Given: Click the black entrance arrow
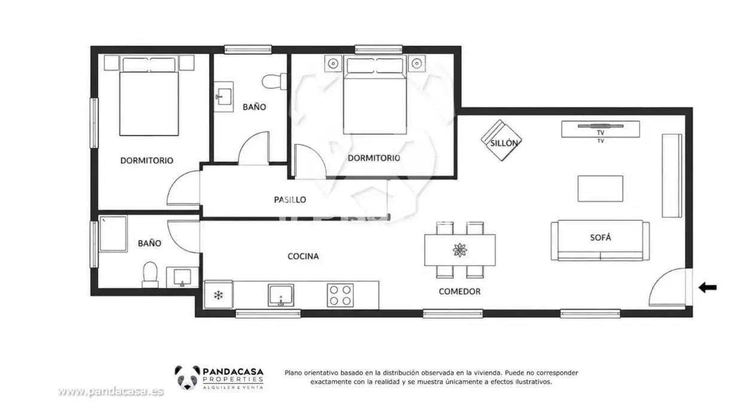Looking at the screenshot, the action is coord(708,287).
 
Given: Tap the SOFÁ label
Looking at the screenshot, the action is coord(600,238).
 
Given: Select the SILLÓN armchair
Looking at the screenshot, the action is coord(502,141).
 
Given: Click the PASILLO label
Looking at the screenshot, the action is coord(290,199).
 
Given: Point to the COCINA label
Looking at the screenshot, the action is coord(303,256).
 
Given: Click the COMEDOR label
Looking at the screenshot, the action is coord(459,292).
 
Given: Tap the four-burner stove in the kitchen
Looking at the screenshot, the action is coord(340,295).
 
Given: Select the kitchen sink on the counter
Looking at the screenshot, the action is coord(281,295).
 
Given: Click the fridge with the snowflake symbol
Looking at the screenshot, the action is coord(218,294).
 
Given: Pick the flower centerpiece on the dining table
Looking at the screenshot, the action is coord(460,250).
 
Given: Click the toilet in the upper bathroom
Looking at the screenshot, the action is coord(275,81).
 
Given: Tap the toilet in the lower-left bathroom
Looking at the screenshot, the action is coord(150,275).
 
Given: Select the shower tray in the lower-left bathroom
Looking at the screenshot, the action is coord(113,234).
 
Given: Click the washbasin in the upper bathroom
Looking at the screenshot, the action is coord(224,96).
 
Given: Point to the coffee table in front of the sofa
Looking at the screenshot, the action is coord(600,189).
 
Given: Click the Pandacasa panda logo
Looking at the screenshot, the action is coord(188,378).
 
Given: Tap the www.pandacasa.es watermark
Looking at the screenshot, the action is coord(111,391).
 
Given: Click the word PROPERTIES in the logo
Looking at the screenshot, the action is coord(233,379).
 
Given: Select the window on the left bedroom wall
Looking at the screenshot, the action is coord(94,123).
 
